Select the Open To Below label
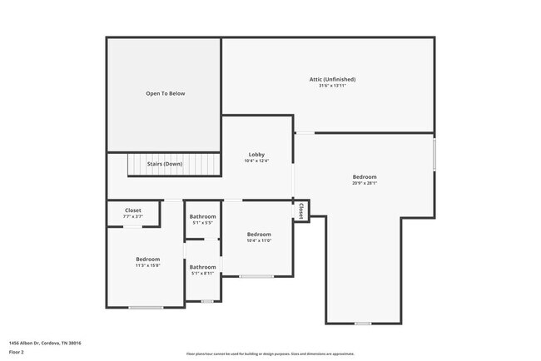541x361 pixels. (165, 93)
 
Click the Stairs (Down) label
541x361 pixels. (165, 164)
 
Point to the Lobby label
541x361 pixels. (256, 155)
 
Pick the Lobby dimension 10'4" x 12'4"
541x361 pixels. (256, 161)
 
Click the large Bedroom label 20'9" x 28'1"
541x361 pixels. (364, 177)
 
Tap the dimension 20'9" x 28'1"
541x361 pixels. (364, 184)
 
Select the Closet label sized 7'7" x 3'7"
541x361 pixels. (133, 210)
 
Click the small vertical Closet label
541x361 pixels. (301, 211)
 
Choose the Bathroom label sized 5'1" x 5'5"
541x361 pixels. (202, 217)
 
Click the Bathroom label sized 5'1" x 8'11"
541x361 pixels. (202, 267)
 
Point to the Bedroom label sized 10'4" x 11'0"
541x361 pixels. (259, 235)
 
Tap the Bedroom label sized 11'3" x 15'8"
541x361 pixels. (147, 260)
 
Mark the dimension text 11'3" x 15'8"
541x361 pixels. (147, 266)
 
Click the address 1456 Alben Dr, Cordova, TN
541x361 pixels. (45, 343)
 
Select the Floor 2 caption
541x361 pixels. (17, 352)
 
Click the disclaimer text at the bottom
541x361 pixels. (270, 353)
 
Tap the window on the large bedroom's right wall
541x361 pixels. (434, 155)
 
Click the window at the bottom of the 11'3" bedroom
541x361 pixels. (146, 308)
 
